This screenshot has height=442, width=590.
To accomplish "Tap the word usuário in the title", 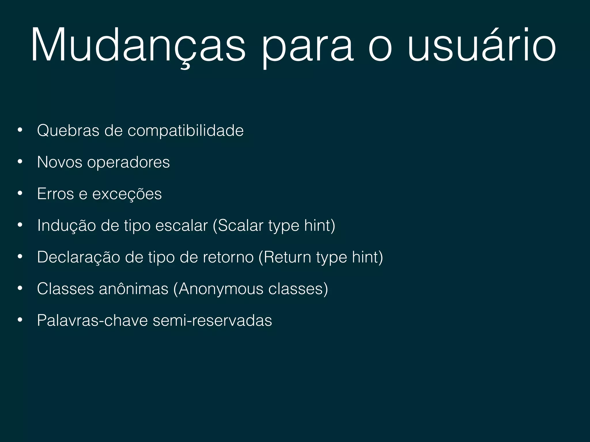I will (x=482, y=45).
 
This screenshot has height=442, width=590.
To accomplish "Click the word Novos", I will (x=60, y=162).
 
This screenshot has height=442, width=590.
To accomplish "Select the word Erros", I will (x=56, y=194).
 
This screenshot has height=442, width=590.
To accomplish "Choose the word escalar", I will (x=181, y=225).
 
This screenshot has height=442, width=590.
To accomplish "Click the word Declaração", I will (x=79, y=257).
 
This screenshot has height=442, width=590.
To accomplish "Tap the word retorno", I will (x=228, y=257).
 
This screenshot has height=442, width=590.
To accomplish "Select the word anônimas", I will (x=134, y=289).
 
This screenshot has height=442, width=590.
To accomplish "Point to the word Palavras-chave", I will (x=92, y=320).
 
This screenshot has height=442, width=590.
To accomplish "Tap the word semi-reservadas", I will (x=212, y=320).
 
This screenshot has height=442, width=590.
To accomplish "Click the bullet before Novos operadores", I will (x=20, y=162).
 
